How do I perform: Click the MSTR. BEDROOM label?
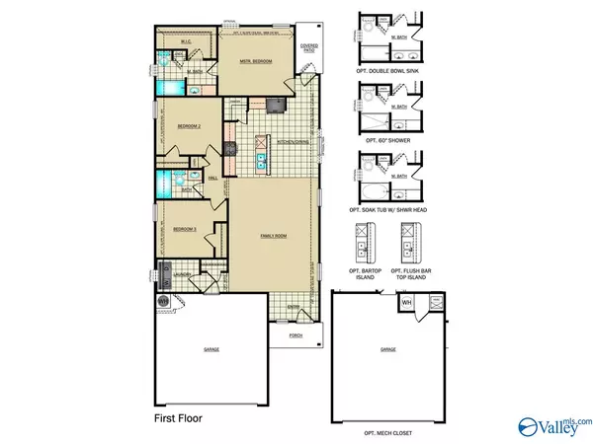[x=255, y=62]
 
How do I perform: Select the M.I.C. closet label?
[x=185, y=40]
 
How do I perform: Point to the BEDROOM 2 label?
[x=190, y=127]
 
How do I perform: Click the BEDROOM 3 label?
[x=187, y=229]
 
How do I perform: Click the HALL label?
[x=212, y=179]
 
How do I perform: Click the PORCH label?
[x=296, y=335]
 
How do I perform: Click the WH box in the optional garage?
[x=407, y=303]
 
